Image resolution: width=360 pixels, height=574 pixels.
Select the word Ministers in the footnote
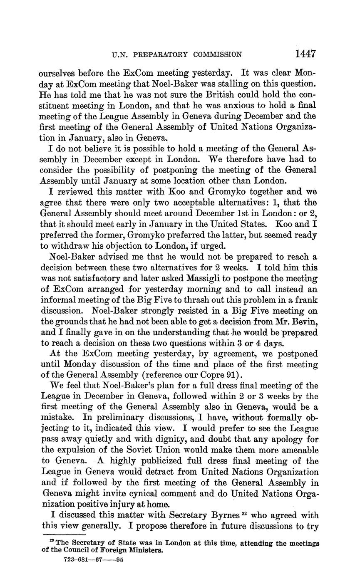[x=144, y=551]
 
